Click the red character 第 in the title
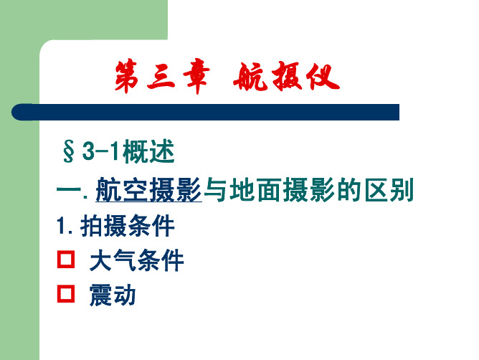[x=126, y=76]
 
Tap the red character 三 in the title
[x=161, y=77]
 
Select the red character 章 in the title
[x=196, y=76]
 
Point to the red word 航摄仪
[x=287, y=77]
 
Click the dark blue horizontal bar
[x=205, y=112]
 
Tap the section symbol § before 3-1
[x=69, y=151]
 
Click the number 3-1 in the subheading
[x=100, y=151]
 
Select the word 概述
[x=148, y=151]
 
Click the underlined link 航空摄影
[x=148, y=189]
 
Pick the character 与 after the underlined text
[x=215, y=190]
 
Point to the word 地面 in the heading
[x=256, y=190]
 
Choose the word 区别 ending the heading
[x=389, y=190]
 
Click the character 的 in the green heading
[x=349, y=190]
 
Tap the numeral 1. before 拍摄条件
[x=65, y=226]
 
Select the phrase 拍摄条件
[x=128, y=226]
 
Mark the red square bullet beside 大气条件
[x=66, y=260]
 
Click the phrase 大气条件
[x=136, y=260]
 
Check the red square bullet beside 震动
[x=66, y=294]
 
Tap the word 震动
[x=113, y=295]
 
